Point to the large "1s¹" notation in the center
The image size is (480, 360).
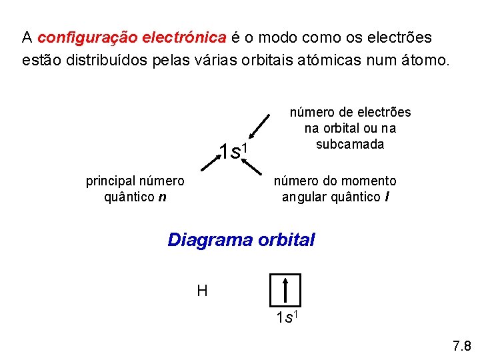coord(234,151)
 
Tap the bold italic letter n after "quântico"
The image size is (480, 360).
coord(163,197)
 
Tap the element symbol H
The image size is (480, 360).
coord(202,291)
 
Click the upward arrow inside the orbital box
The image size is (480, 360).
coord(285,290)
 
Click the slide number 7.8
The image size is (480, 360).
coord(461,346)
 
